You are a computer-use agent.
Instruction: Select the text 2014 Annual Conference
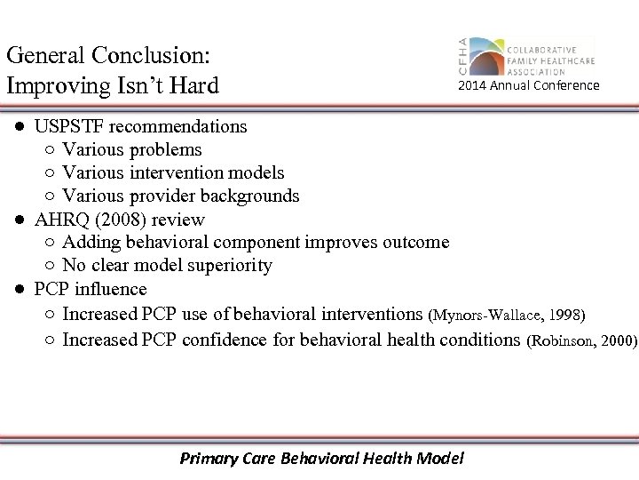[528, 86]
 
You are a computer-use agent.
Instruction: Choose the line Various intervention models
[173, 172]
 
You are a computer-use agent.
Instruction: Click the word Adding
[88, 242]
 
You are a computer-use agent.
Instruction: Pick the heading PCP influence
[91, 289]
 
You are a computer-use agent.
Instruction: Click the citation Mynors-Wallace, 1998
[507, 315]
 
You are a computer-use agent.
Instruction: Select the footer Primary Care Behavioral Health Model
[321, 459]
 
